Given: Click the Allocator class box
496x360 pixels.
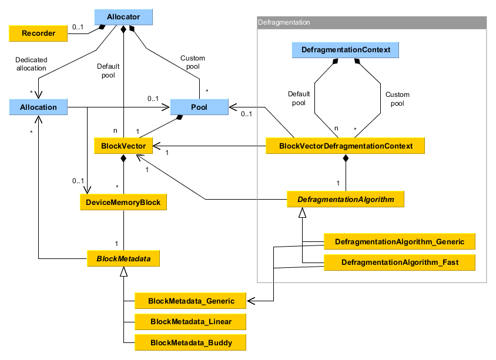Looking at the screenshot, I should (123, 18).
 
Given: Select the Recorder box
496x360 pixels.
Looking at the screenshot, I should (39, 33).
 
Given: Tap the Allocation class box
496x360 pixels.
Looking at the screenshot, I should (39, 107).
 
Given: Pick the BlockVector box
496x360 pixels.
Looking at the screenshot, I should (124, 145).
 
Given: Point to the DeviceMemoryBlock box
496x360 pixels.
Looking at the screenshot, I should (124, 202).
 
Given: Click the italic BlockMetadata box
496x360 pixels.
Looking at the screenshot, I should (124, 258).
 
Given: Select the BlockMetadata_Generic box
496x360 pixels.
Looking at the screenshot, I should (191, 301).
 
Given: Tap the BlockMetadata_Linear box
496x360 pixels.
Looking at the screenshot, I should (191, 321).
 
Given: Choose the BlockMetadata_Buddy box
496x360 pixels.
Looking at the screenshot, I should (191, 342).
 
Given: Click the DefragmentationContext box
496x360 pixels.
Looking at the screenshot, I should (346, 50).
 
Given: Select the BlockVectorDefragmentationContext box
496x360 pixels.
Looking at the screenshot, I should (346, 146).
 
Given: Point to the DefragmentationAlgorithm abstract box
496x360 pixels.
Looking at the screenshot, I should (346, 200).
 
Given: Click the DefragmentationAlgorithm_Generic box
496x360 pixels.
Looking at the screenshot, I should (400, 241).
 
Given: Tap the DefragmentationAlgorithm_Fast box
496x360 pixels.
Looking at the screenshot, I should (400, 262).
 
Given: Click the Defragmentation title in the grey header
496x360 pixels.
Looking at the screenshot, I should (284, 22).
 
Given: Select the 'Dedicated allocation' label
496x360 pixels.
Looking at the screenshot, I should (31, 63).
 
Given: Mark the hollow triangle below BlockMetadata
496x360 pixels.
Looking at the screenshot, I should (124, 271).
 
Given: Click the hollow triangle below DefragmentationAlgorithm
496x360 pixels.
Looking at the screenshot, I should (302, 214).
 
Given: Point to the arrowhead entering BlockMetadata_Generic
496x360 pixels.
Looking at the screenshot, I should (251, 301).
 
